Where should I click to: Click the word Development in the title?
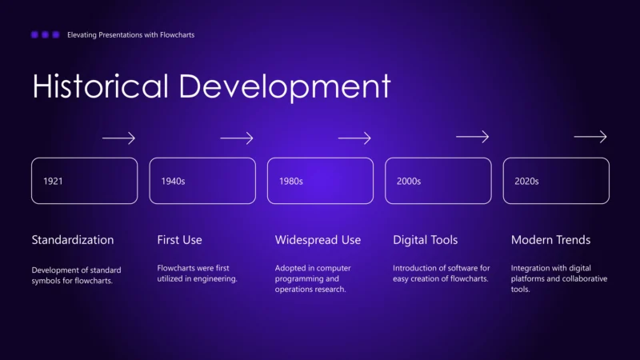point(285,86)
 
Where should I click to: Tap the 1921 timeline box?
point(84,181)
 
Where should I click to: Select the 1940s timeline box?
point(202,181)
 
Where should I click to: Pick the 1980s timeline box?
point(320,181)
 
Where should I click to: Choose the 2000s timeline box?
point(438,181)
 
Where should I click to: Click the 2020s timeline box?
point(556,181)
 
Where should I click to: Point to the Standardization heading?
point(73,240)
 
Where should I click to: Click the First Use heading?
point(180,240)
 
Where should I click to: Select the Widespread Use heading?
point(318,240)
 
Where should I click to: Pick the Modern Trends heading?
point(551,240)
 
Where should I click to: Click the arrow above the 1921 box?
point(118,138)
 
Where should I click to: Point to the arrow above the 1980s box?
point(354,138)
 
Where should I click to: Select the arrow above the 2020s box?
point(590,138)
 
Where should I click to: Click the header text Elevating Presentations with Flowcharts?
point(130,35)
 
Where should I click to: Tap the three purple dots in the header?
point(45,35)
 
